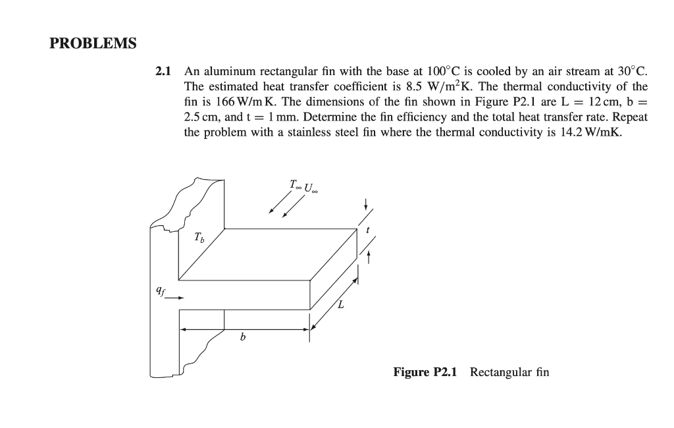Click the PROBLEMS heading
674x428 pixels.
click(93, 43)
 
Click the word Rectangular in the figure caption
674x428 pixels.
click(499, 373)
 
